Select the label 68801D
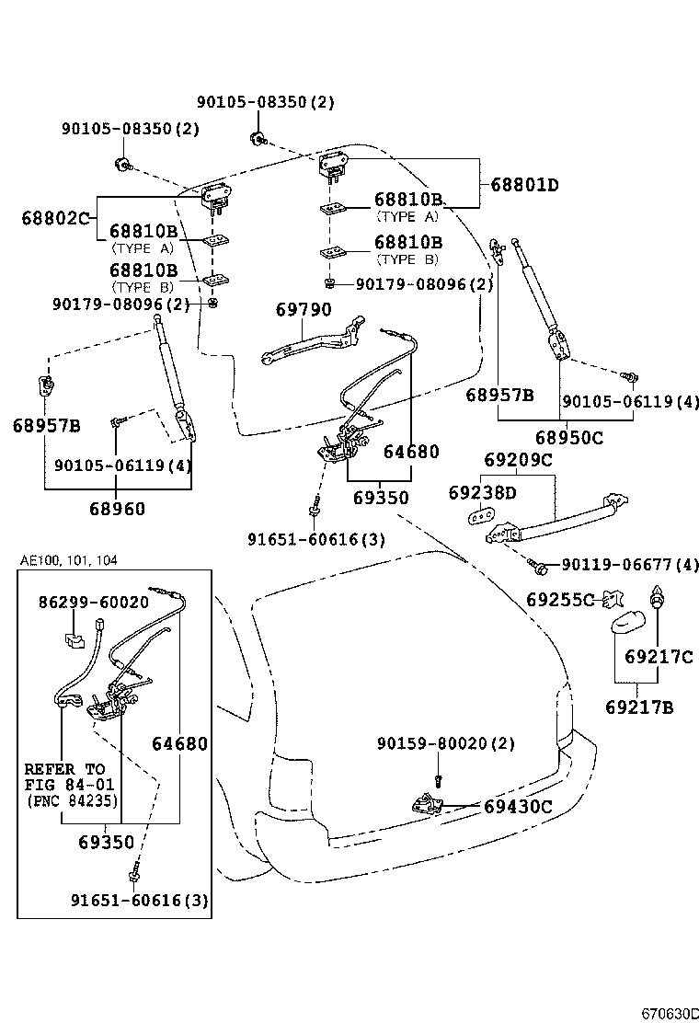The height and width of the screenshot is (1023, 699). (524, 185)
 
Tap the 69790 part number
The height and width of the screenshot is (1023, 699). (304, 310)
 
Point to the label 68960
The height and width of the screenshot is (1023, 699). (117, 508)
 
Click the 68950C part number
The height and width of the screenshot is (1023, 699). (569, 438)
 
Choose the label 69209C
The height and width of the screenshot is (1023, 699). (518, 460)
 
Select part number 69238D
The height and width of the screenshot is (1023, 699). (482, 493)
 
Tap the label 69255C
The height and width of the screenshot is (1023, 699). (561, 600)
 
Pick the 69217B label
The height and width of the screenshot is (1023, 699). (639, 707)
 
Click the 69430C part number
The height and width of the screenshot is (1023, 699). (518, 807)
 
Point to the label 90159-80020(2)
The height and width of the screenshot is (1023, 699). (445, 743)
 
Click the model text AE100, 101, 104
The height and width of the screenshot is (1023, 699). (69, 559)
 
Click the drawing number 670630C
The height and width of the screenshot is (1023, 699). (665, 1013)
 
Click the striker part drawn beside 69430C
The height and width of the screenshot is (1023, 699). (428, 804)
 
